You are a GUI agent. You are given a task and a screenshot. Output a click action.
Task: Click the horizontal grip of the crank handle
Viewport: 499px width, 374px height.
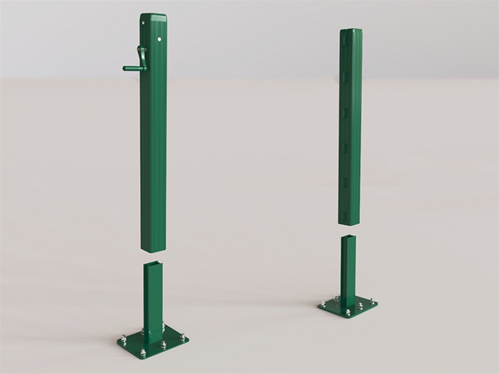click(x=130, y=67)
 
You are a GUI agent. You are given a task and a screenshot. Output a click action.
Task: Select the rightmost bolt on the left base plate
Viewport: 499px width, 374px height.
click(x=183, y=338)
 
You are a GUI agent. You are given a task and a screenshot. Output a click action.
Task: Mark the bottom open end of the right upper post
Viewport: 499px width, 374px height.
click(x=350, y=222)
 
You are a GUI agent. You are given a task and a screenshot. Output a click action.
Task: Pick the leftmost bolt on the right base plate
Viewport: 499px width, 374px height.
click(x=322, y=304)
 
